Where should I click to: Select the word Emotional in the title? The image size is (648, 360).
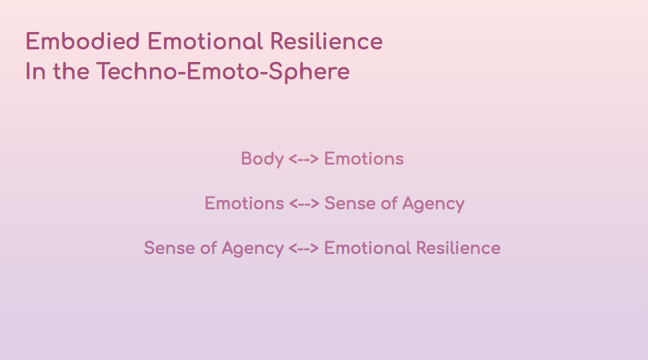[x=205, y=41]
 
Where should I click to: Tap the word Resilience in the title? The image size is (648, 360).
[x=327, y=41]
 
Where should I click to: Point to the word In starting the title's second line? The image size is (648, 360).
[x=35, y=71]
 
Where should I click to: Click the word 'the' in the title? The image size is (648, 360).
[x=71, y=71]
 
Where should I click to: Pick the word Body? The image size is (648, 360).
[x=263, y=159]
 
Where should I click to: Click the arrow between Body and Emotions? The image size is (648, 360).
[x=304, y=159]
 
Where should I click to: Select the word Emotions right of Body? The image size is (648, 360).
[x=364, y=159]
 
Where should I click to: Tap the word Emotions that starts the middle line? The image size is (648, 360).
[x=244, y=203]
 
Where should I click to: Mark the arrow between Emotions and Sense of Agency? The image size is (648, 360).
[x=304, y=203]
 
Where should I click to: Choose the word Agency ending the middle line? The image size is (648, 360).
[x=433, y=204]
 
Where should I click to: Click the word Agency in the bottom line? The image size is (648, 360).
[x=253, y=249]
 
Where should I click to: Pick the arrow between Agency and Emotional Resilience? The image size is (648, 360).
[x=304, y=248]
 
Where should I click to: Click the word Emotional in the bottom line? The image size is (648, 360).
[x=367, y=248]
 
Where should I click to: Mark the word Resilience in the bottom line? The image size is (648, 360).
[x=458, y=248]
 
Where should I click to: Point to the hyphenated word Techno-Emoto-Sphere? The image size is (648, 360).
[x=223, y=72]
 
